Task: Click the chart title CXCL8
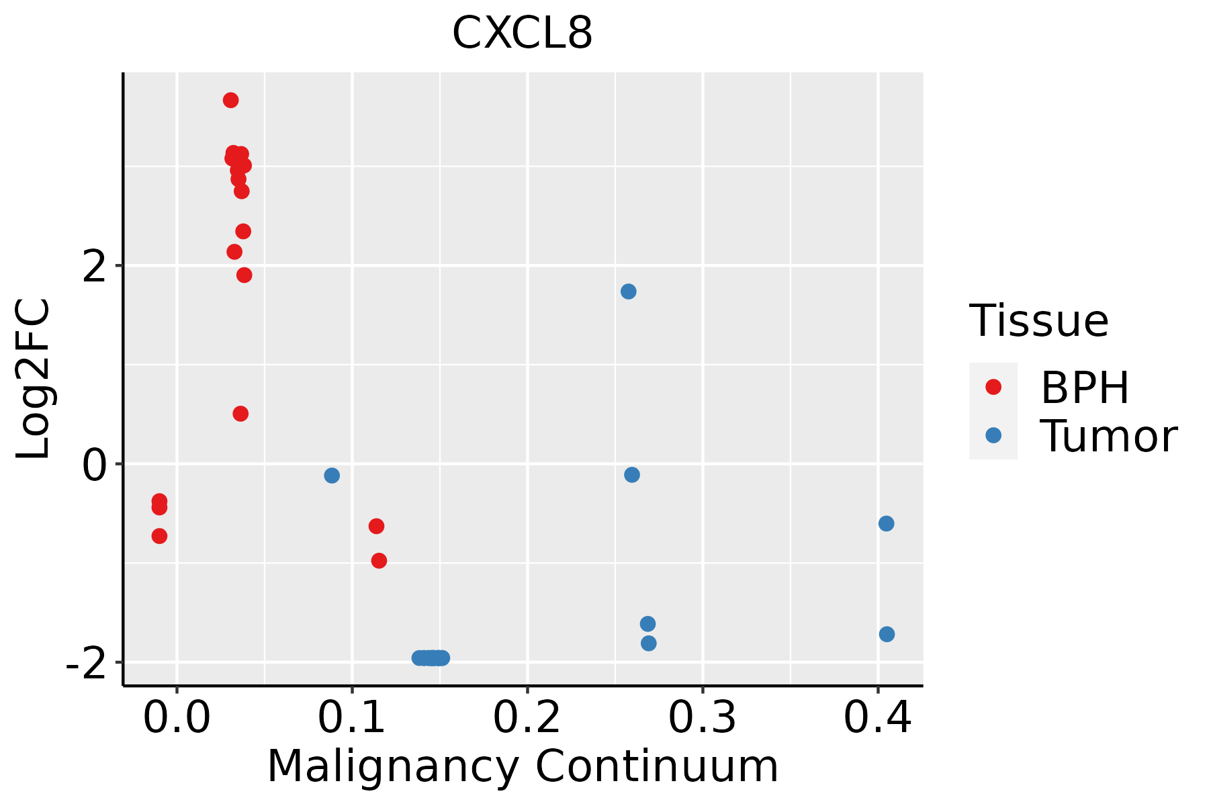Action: [522, 34]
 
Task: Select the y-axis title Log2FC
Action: [34, 379]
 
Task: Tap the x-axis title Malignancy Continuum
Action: [522, 766]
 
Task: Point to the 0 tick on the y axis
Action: [95, 464]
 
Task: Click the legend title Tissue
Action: [1039, 321]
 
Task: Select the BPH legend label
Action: [1085, 388]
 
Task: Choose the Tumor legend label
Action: [1108, 437]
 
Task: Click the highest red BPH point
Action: [231, 100]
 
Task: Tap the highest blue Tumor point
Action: [629, 292]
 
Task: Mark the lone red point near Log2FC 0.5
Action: [240, 414]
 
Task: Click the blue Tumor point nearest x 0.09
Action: [332, 476]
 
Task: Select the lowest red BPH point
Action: [379, 561]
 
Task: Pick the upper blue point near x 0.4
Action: [887, 524]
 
